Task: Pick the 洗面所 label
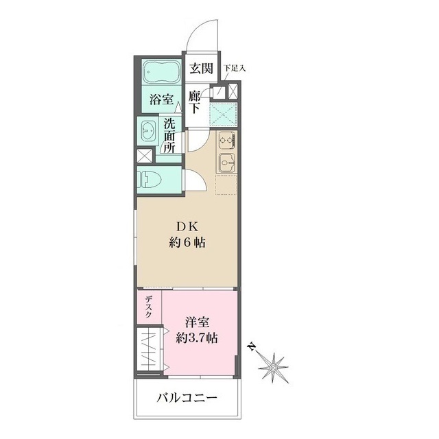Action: click(x=169, y=135)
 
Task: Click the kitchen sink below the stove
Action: click(x=226, y=164)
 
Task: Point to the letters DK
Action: click(x=189, y=226)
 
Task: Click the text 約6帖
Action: click(x=189, y=242)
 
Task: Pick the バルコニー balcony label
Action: click(x=187, y=397)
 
